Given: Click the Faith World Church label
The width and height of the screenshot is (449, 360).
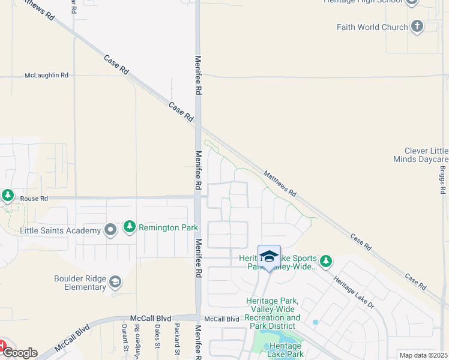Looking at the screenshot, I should [372, 27].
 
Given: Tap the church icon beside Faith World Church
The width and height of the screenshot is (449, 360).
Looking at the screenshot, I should [418, 26].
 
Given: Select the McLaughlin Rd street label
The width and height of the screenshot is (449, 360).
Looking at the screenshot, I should [47, 76].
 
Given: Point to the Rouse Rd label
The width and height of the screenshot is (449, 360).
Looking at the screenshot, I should [34, 198].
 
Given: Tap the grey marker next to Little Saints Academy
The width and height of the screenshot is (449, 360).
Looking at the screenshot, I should [110, 230].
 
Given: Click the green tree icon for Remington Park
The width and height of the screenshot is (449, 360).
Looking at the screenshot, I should [129, 227].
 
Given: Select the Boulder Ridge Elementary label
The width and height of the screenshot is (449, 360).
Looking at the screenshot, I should [80, 283].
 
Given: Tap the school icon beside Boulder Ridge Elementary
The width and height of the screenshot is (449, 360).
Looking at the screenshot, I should [116, 282].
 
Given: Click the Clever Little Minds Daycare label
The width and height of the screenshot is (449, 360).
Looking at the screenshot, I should [421, 155].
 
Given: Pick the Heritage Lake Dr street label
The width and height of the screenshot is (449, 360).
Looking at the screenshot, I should [354, 293].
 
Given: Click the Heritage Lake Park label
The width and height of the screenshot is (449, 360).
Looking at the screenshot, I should [281, 350].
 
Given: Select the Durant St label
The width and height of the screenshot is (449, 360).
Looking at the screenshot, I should [124, 337].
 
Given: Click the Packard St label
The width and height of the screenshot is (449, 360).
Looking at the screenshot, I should [177, 337].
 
